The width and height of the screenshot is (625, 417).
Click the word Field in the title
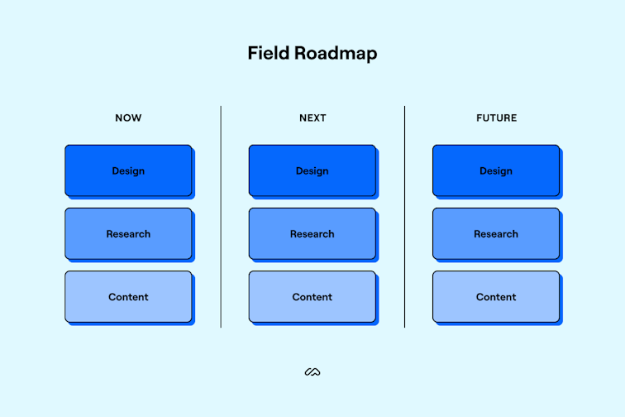pyautogui.click(x=268, y=53)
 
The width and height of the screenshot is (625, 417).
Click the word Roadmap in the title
pyautogui.click(x=336, y=54)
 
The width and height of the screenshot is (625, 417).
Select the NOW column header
pyautogui.click(x=128, y=117)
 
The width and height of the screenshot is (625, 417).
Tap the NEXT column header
pyautogui.click(x=312, y=117)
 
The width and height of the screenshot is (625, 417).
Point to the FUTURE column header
pyautogui.click(x=496, y=117)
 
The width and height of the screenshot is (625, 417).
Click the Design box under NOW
pyautogui.click(x=128, y=170)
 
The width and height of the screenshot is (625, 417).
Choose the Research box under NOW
pyautogui.click(x=128, y=233)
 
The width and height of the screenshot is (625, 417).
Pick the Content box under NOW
pyautogui.click(x=128, y=296)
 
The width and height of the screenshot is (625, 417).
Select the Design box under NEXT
pyautogui.click(x=312, y=170)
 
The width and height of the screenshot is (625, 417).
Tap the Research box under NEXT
pyautogui.click(x=312, y=233)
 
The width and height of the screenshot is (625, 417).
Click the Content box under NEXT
pyautogui.click(x=312, y=296)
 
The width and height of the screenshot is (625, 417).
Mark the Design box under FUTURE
pyautogui.click(x=496, y=170)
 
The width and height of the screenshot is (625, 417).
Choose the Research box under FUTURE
pyautogui.click(x=496, y=233)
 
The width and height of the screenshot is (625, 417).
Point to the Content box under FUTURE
pyautogui.click(x=496, y=296)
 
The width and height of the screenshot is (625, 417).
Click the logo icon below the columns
pyautogui.click(x=312, y=372)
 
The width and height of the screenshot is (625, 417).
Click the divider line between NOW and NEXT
pyautogui.click(x=221, y=217)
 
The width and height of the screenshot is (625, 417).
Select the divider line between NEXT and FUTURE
pyautogui.click(x=404, y=217)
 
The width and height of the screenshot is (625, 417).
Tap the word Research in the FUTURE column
pyautogui.click(x=496, y=234)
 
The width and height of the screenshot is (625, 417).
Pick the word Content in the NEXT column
pyautogui.click(x=312, y=297)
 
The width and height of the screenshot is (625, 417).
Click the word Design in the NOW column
pyautogui.click(x=128, y=171)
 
